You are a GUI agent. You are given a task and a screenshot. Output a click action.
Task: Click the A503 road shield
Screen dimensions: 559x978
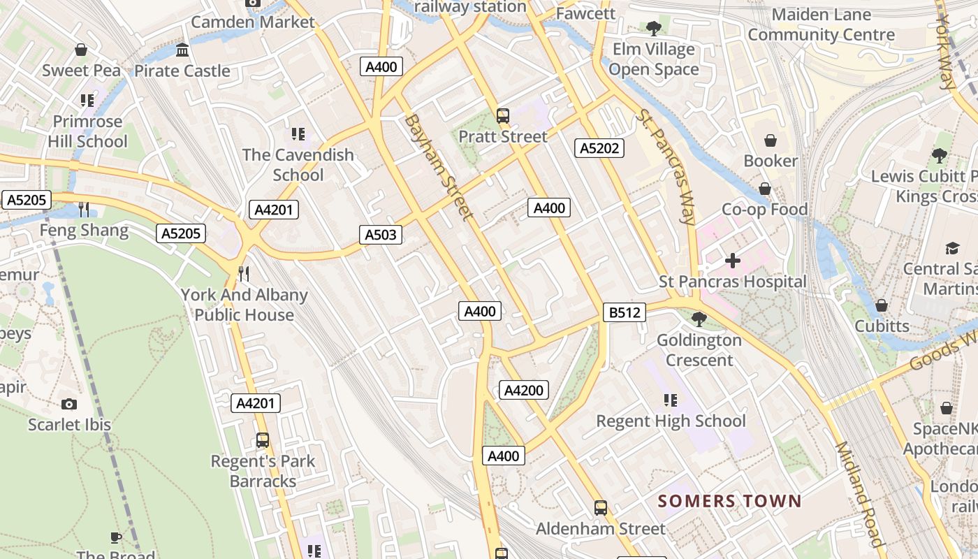click(381, 235)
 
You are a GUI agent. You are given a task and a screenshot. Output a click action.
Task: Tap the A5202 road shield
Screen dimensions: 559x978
click(599, 148)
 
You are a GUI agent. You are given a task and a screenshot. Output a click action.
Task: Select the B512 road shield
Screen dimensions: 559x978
click(625, 312)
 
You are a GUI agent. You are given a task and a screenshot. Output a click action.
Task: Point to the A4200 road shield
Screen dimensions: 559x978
click(523, 390)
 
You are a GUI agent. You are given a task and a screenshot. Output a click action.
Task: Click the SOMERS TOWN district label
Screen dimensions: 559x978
click(729, 501)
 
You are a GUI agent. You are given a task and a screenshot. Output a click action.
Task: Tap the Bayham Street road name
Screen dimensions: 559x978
click(438, 167)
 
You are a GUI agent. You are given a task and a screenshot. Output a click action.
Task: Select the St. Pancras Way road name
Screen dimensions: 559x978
click(666, 167)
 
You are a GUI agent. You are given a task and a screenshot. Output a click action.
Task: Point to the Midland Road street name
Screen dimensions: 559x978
click(859, 494)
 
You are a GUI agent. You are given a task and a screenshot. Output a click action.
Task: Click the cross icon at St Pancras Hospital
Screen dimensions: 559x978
click(732, 261)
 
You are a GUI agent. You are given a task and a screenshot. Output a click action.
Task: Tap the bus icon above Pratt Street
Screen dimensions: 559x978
click(502, 116)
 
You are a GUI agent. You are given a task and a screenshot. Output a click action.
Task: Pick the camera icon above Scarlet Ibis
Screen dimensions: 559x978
click(69, 404)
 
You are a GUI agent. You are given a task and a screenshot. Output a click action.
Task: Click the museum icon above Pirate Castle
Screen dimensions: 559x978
click(182, 50)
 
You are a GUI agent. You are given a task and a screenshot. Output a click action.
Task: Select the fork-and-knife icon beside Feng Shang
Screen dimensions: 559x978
click(84, 209)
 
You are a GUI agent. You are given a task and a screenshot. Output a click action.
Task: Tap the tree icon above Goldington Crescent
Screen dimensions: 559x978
click(698, 319)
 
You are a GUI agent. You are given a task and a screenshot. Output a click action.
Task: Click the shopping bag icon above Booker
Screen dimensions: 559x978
click(770, 140)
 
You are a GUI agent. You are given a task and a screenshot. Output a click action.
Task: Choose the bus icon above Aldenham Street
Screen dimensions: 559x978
click(600, 508)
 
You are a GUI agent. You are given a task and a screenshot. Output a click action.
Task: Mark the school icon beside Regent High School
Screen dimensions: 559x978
click(670, 400)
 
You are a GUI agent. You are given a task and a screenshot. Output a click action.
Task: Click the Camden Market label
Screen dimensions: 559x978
click(253, 22)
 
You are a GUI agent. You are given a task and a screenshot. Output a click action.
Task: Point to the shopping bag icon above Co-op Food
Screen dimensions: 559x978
click(764, 189)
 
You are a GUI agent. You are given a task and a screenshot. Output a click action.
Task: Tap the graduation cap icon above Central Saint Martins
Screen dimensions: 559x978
click(952, 248)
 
